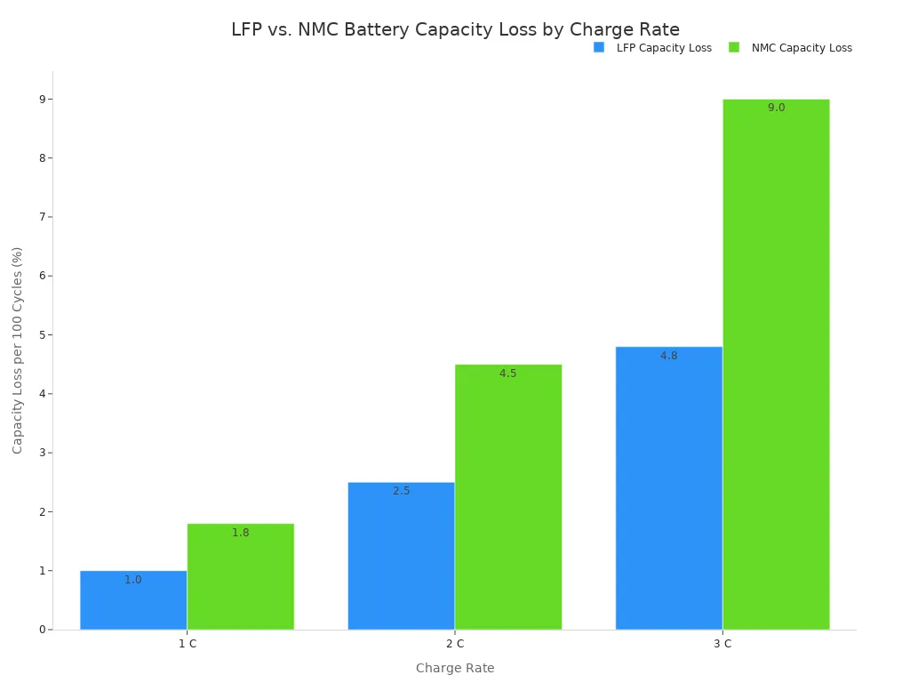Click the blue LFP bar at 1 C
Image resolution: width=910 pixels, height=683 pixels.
[133, 601]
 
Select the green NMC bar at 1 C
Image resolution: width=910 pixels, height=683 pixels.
[240, 578]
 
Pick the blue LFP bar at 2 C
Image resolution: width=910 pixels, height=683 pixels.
[401, 557]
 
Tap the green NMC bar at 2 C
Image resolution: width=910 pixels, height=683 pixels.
[507, 498]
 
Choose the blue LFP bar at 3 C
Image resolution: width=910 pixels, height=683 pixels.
[668, 489]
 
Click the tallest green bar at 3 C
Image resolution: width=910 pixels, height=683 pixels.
[776, 365]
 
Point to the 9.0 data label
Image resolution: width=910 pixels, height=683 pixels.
[776, 108]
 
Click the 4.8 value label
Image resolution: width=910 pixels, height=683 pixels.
[668, 356]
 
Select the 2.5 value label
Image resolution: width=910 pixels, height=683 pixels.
[401, 491]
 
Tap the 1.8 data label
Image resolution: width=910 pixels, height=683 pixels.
[240, 533]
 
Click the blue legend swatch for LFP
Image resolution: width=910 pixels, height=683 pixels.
[599, 48]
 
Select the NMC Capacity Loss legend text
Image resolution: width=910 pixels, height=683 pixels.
[801, 48]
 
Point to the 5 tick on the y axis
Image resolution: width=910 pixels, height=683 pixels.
[42, 334]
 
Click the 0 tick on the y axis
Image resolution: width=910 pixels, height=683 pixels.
[42, 630]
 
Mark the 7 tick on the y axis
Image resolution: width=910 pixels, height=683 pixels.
[42, 217]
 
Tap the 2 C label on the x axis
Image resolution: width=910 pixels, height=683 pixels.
[455, 644]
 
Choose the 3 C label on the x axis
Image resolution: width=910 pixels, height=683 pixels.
[722, 644]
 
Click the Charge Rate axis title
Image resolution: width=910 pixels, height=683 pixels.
[455, 668]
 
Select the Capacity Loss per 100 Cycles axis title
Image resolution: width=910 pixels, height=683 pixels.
[18, 350]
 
